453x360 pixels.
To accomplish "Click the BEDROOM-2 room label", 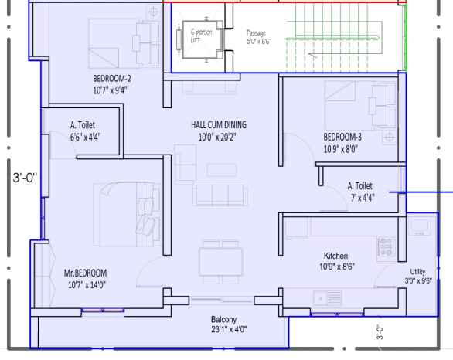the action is pos(112,79).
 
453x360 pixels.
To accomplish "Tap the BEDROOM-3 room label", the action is pos(342,137).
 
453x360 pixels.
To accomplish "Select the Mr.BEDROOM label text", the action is pos(85,273).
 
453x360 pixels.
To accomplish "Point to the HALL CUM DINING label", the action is pos(219,124).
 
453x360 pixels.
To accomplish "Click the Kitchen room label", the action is pos(335,256).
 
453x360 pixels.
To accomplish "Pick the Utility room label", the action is pos(417,272).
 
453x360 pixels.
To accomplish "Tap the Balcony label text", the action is pos(223,320).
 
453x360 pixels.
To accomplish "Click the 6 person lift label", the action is pos(201,36).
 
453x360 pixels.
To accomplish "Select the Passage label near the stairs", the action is pos(256,33).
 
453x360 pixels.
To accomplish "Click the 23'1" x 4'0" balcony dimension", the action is pos(229,329).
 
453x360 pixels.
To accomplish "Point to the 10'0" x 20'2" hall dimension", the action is pos(217,137).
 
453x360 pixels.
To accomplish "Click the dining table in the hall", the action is pos(221,262).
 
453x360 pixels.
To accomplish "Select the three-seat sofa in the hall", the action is pos(220,195).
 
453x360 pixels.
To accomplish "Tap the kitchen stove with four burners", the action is pos(386,246).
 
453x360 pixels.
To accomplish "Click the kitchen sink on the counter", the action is pos(328,298).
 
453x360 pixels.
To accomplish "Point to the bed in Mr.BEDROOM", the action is pos(127,215).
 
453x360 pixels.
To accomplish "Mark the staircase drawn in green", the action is pos(332,38).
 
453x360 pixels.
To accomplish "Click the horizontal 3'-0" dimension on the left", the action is pos(26,178).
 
